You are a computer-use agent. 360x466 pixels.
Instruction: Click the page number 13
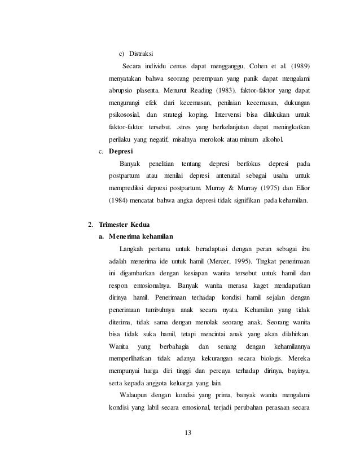click(188, 433)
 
